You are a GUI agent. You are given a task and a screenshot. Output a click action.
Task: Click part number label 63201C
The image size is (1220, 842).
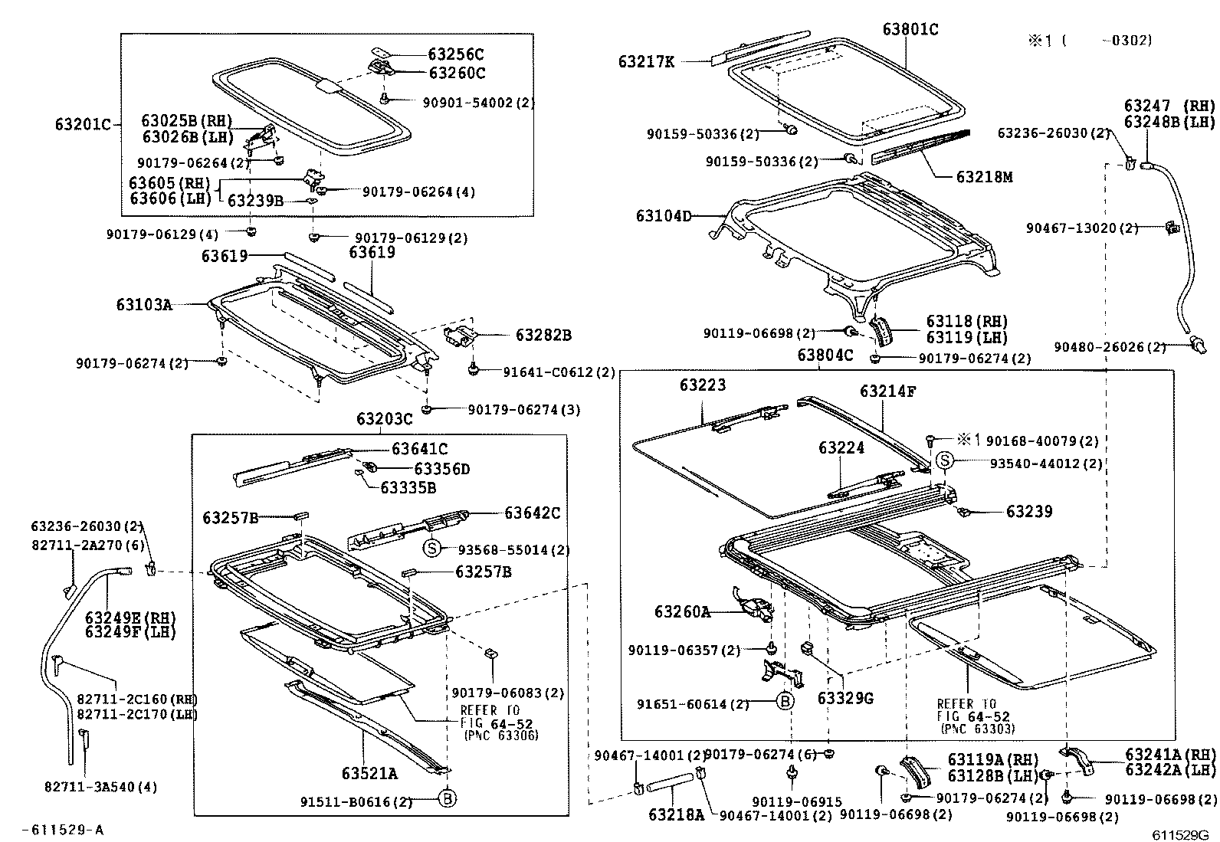(x=84, y=124)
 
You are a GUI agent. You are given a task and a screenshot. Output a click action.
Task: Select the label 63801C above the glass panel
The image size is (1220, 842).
(x=910, y=30)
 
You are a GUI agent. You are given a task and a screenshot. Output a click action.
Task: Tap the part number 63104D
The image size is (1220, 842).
(x=664, y=217)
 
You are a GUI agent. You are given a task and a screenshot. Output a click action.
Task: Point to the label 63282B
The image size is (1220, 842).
(x=543, y=336)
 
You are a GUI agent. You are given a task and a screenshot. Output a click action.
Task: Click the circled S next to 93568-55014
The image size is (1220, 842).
(x=432, y=549)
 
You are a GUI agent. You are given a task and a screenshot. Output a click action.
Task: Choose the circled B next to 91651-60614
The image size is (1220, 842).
(x=785, y=701)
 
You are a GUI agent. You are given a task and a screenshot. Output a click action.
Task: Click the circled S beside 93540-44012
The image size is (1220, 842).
(x=946, y=460)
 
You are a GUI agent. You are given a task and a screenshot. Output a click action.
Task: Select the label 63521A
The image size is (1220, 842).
(x=369, y=774)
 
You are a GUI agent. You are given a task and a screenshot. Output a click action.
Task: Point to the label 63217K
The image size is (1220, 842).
(x=647, y=62)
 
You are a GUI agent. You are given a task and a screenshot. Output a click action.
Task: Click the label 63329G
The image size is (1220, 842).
(x=845, y=699)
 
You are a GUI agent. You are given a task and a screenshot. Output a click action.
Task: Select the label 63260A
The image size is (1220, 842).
(x=682, y=611)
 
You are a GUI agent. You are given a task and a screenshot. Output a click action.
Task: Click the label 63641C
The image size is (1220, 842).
(x=420, y=449)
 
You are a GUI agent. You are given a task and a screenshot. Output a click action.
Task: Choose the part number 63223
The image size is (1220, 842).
(x=702, y=385)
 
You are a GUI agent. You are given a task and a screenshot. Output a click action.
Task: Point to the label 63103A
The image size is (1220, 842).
(x=144, y=305)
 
